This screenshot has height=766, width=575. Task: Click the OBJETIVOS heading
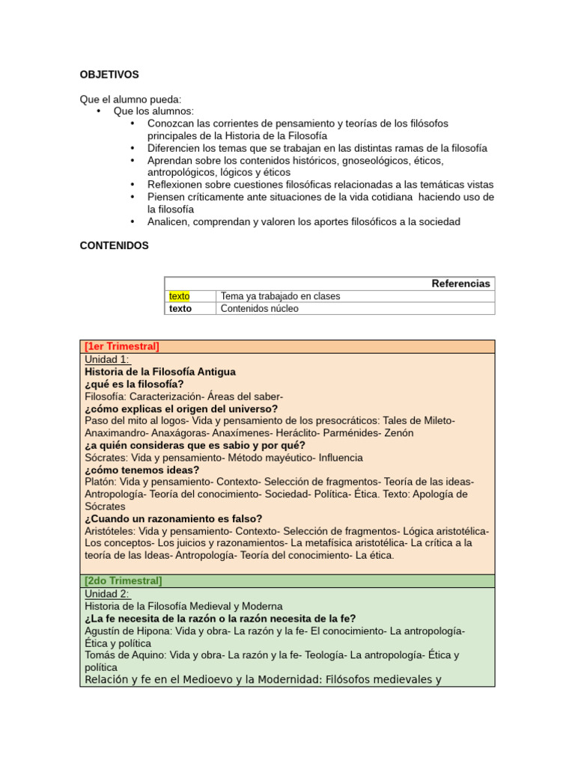(109, 75)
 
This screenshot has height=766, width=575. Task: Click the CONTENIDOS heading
(114, 245)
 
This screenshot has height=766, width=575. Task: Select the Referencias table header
(460, 284)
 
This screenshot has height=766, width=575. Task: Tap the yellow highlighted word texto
(180, 296)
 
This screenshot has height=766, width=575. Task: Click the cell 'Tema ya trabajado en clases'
(280, 296)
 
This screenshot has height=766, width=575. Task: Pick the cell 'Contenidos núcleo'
(259, 308)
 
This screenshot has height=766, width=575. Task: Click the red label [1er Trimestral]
(122, 346)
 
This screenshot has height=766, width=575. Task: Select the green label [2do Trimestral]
(124, 581)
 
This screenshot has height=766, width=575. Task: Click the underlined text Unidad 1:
(108, 359)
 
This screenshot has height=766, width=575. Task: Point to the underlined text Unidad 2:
(108, 594)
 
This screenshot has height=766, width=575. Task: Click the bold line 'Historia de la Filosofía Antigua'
(160, 372)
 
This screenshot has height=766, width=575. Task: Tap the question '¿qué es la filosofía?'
(134, 384)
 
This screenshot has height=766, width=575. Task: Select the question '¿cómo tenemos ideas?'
(142, 470)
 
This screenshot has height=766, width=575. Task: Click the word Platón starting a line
(100, 482)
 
